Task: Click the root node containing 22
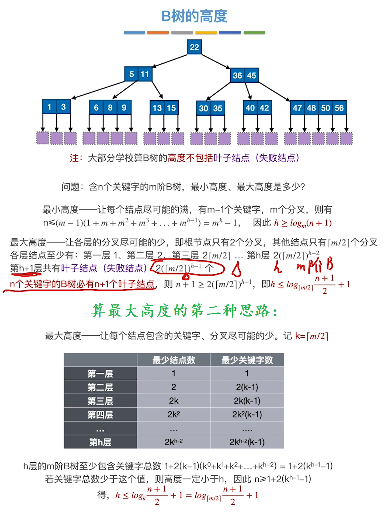194,47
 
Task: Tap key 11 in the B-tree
145,74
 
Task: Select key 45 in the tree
252,75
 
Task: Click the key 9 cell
124,108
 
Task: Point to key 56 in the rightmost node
339,108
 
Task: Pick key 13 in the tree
157,108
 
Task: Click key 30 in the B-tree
203,108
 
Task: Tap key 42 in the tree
264,108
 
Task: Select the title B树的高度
194,16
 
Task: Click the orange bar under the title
158,33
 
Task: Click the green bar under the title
254,33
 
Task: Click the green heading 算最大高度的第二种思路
185,311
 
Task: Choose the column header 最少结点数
174,360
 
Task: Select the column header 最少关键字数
247,360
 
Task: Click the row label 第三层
100,401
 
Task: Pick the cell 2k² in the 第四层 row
174,414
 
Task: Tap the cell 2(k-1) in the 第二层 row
247,387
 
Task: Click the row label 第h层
100,442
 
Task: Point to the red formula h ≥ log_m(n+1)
303,223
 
